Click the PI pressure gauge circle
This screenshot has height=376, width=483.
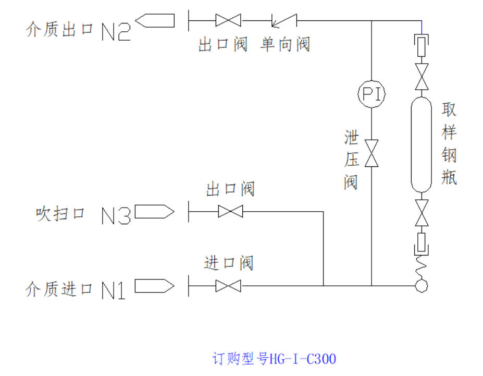pos(371,94)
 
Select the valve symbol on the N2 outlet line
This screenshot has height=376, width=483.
pos(228,20)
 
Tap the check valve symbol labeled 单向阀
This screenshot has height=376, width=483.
pos(284,21)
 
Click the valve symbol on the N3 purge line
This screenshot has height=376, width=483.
pos(230,211)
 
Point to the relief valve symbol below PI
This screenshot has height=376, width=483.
pos(371,152)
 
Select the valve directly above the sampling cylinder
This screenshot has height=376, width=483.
pos(421,76)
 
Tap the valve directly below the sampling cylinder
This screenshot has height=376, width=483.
pos(421,213)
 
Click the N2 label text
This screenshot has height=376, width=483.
pos(116,31)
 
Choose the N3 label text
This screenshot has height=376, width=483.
pos(116,215)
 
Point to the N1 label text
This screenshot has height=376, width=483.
pos(114,290)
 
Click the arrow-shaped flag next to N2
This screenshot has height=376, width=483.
pos(155,20)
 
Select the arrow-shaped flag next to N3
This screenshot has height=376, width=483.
pos(154,211)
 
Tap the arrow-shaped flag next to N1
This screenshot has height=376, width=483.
pos(154,286)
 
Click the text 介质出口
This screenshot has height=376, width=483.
pos(59,29)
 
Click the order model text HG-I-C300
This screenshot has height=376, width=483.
pos(274,359)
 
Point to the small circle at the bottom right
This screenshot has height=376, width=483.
pos(421,286)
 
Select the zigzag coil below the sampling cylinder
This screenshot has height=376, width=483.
pos(421,268)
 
